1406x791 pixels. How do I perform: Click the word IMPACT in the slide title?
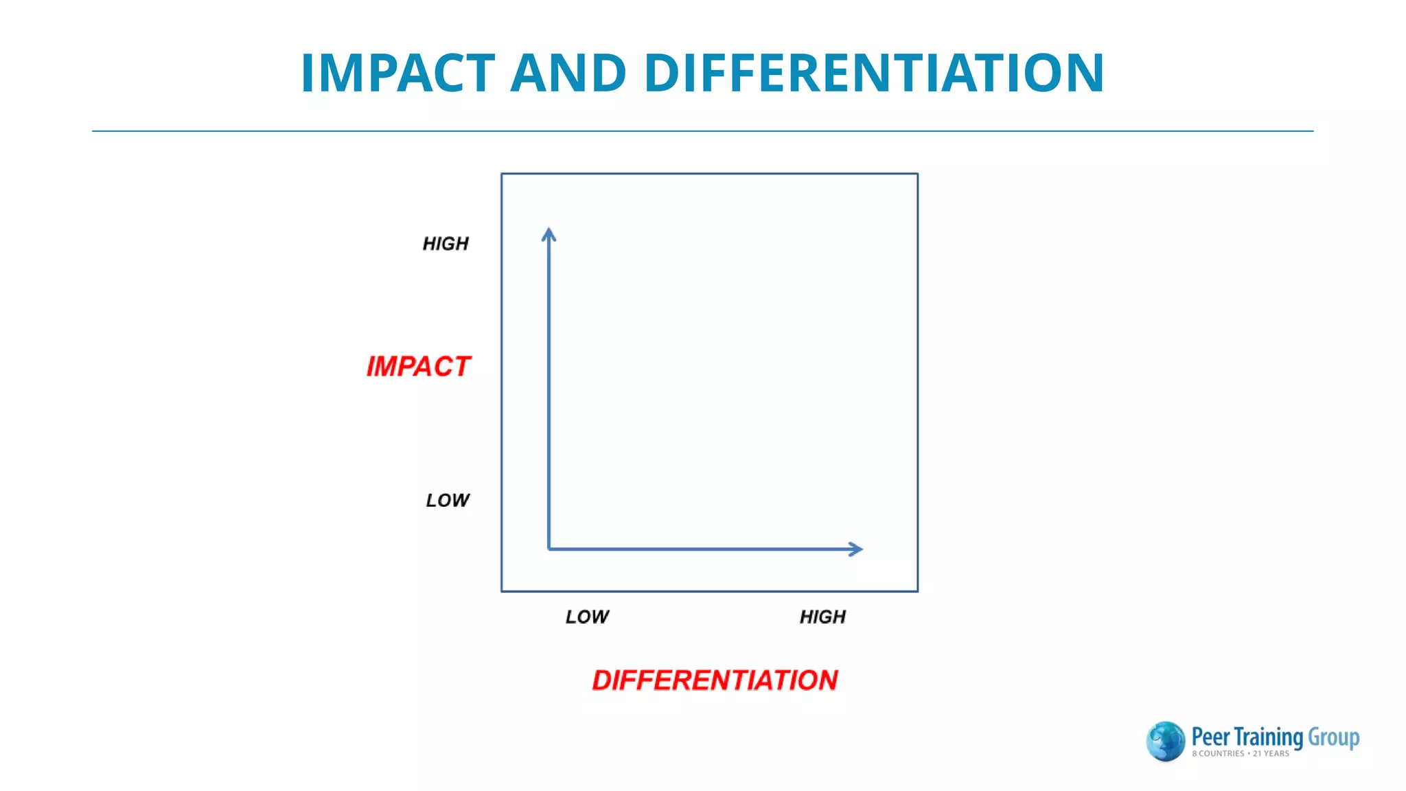point(398,73)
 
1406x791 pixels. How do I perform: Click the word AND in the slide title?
point(568,73)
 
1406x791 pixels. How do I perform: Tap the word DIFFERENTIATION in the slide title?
point(874,73)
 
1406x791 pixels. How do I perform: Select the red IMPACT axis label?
point(418,367)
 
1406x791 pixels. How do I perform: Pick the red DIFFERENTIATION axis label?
point(715,680)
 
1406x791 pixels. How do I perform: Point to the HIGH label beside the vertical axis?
point(446,244)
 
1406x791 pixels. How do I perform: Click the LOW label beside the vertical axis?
point(448,501)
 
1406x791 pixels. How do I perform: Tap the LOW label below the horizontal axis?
point(587,617)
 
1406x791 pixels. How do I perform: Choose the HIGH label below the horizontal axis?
point(822,617)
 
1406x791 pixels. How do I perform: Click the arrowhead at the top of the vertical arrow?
point(549,235)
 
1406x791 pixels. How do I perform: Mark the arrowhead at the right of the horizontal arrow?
point(855,549)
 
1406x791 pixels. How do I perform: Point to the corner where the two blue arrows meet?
point(549,549)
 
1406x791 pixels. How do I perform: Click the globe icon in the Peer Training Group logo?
point(1165,742)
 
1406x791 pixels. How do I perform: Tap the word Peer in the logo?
point(1210,737)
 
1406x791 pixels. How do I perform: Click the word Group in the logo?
point(1333,737)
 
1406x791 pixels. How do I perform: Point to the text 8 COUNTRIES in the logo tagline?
point(1218,754)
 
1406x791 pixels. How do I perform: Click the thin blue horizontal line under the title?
point(702,130)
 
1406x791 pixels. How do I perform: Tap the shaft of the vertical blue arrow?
point(549,391)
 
